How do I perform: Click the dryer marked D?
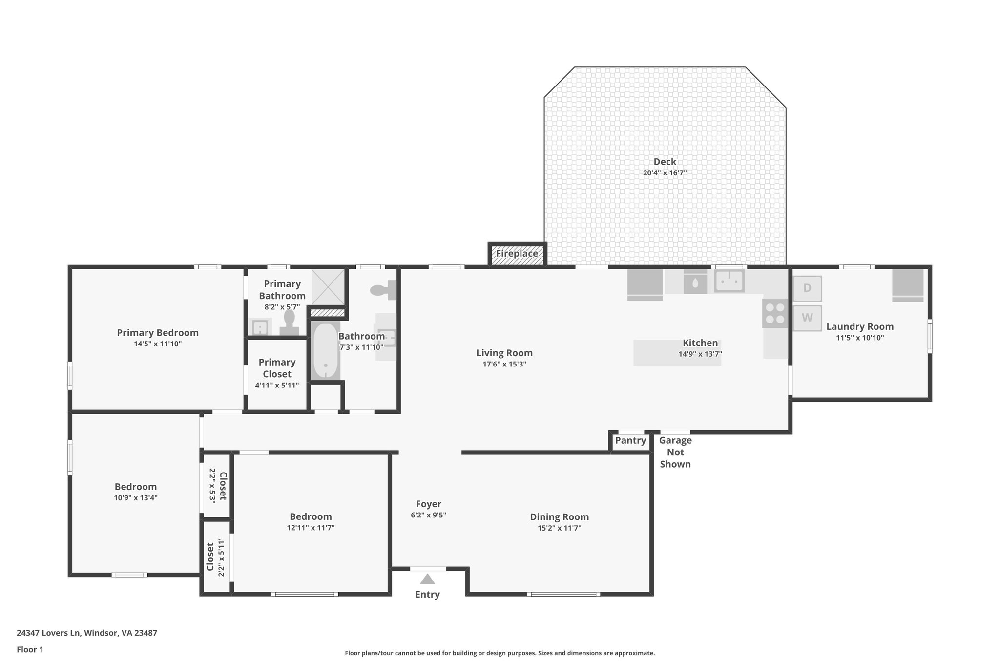(x=807, y=288)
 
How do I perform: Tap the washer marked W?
(x=807, y=318)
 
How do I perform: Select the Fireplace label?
(x=517, y=254)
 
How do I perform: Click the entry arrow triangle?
(x=427, y=580)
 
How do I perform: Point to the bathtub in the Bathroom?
(x=325, y=351)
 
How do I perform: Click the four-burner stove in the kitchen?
(x=775, y=313)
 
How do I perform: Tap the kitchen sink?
(x=729, y=281)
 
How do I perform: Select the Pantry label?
(x=630, y=441)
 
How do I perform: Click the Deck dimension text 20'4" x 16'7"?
(x=665, y=173)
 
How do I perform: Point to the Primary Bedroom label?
(x=158, y=333)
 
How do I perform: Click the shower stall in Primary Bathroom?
(x=328, y=287)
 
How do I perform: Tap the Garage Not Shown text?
(x=675, y=452)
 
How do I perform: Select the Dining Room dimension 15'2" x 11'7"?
(x=559, y=528)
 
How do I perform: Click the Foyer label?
(x=428, y=504)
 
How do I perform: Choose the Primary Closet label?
(x=277, y=368)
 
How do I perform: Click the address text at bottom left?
(x=87, y=633)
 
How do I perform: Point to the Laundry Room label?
(x=860, y=327)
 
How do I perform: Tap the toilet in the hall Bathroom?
(x=384, y=290)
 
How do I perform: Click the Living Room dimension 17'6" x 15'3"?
(x=504, y=364)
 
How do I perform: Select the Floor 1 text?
(x=30, y=650)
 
